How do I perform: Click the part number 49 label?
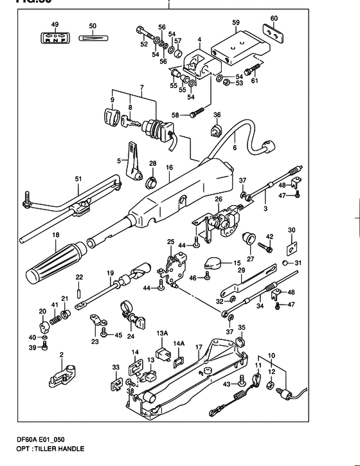pos(55,24)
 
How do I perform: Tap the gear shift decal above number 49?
pos(55,37)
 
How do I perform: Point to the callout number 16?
pos(170,167)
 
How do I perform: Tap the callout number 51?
pos(78,179)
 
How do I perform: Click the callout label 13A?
pos(161,334)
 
